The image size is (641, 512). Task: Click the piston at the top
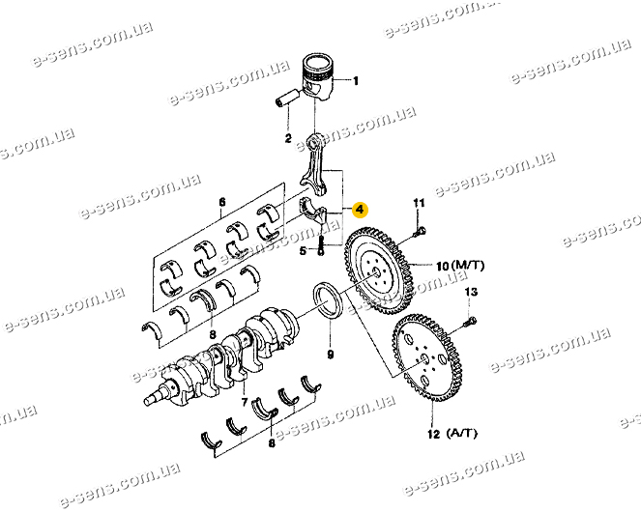[x=318, y=75]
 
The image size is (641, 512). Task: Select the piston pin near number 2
[x=287, y=98]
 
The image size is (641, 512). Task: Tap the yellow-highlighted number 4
[x=360, y=210]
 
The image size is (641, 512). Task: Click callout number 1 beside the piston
[x=356, y=81]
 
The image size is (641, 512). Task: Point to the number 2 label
[x=288, y=138]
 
